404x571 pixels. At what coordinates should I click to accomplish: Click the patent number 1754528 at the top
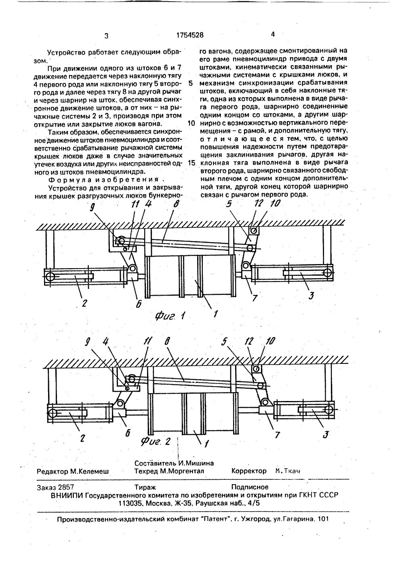(x=190, y=35)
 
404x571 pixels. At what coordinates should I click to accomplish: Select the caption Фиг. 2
(x=156, y=441)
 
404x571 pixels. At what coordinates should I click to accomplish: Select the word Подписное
(x=250, y=487)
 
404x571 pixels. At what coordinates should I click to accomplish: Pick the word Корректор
(x=249, y=471)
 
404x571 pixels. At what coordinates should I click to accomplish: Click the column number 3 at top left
(x=106, y=36)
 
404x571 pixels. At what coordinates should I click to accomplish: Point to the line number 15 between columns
(x=191, y=163)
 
